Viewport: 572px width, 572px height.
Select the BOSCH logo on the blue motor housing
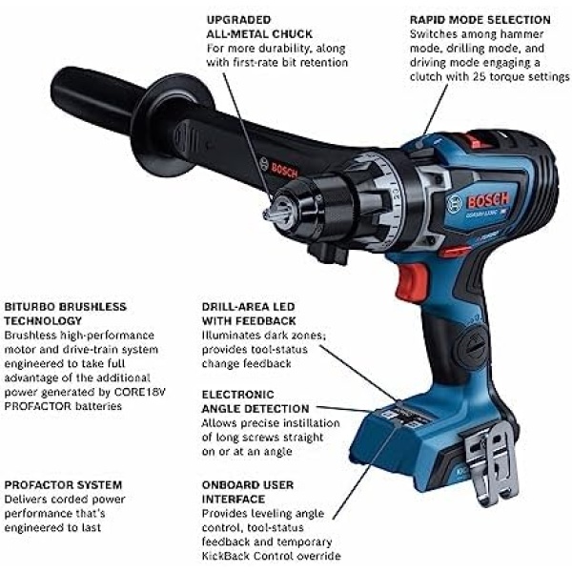point(488,200)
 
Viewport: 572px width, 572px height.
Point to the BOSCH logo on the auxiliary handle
point(284,170)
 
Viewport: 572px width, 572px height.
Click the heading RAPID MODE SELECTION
point(480,20)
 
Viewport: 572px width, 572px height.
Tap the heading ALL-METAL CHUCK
point(259,34)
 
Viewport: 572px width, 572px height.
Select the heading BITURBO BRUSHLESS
point(65,306)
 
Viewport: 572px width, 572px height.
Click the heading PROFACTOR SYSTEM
point(63,485)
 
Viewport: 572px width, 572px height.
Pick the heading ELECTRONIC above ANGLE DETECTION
point(237,395)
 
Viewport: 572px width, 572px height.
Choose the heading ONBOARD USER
point(248,485)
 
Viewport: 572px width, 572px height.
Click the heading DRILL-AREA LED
point(248,306)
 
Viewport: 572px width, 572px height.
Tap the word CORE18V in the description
point(140,392)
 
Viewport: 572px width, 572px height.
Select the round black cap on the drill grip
point(473,347)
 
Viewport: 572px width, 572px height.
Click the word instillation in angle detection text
point(305,423)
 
